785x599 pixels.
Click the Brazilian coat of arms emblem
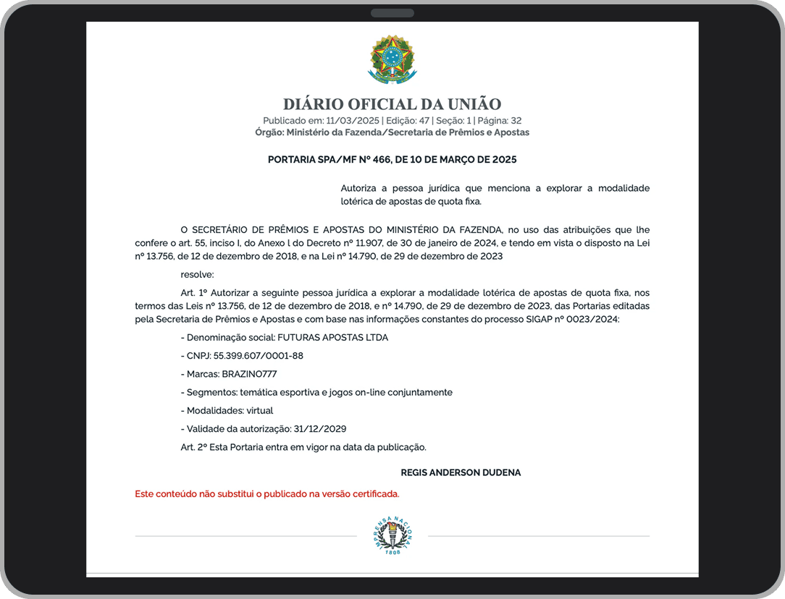[x=392, y=59]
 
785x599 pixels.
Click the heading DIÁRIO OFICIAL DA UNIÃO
[x=392, y=104]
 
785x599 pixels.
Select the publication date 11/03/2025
[x=353, y=121]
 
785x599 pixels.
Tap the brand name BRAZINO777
[x=249, y=374]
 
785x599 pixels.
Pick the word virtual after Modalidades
[x=259, y=410]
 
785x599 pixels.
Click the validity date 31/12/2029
[x=320, y=428]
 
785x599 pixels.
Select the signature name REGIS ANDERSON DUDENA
[x=461, y=472]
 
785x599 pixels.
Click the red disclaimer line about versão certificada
[x=266, y=494]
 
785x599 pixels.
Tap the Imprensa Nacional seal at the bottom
[x=392, y=536]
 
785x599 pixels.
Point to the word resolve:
[x=197, y=274]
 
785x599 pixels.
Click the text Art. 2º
[x=193, y=446]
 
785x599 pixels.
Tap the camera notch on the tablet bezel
[x=392, y=13]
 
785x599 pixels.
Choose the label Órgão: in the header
[x=269, y=132]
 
